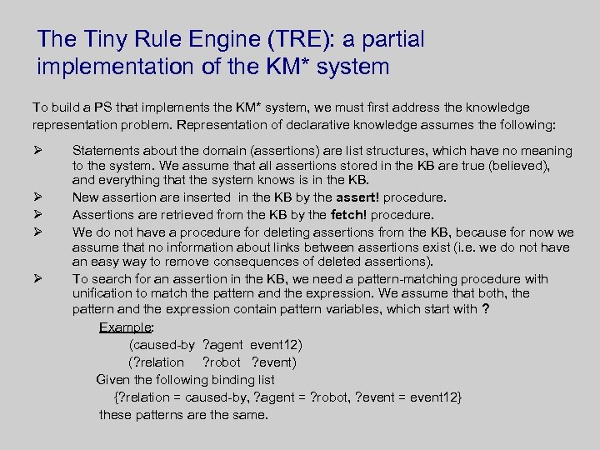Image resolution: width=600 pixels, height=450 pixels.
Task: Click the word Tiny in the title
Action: (x=107, y=39)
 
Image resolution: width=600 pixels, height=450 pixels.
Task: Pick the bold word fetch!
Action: (x=352, y=215)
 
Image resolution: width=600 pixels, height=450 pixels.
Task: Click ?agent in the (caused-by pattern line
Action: (x=223, y=344)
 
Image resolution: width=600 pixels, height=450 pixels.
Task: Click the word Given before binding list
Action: (x=114, y=380)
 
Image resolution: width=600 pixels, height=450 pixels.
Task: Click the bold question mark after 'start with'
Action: (x=485, y=310)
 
